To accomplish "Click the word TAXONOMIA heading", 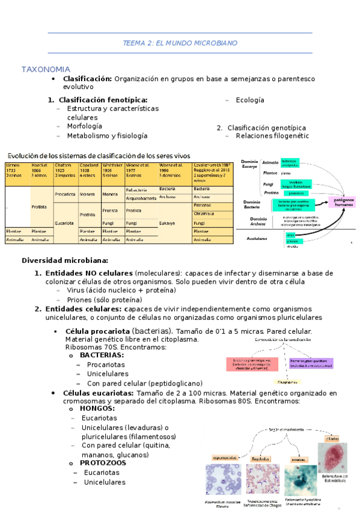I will tap(46, 69).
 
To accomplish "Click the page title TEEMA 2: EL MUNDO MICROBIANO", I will tap(180, 43).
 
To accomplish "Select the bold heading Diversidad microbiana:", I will tap(65, 260).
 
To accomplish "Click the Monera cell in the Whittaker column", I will tap(110, 194).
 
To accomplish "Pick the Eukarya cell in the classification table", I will tap(167, 222).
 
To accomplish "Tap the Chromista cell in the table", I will tap(204, 213).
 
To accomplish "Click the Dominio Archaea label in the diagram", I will tap(258, 221).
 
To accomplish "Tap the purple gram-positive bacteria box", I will tap(311, 363).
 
